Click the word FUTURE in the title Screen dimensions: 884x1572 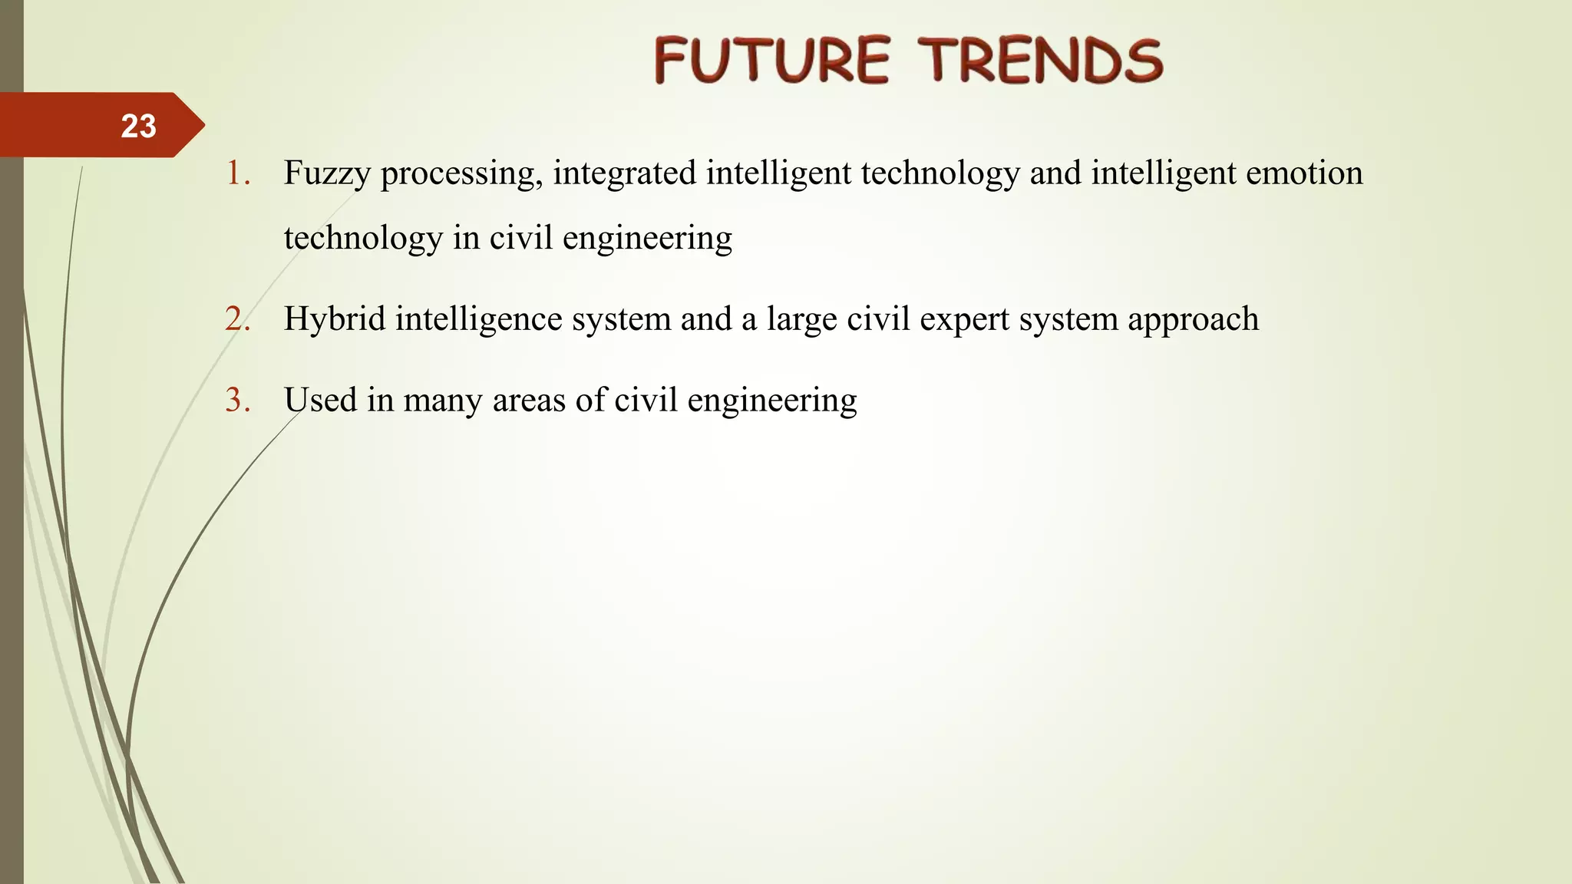click(x=771, y=61)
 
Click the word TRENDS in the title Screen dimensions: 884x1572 click(x=1041, y=61)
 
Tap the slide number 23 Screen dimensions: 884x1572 click(x=138, y=126)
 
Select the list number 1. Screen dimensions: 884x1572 click(x=237, y=173)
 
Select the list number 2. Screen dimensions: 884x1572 click(x=237, y=319)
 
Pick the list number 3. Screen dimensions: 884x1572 click(x=237, y=401)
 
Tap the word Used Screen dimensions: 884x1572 click(x=320, y=401)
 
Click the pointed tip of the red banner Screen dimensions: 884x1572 click(x=203, y=125)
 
